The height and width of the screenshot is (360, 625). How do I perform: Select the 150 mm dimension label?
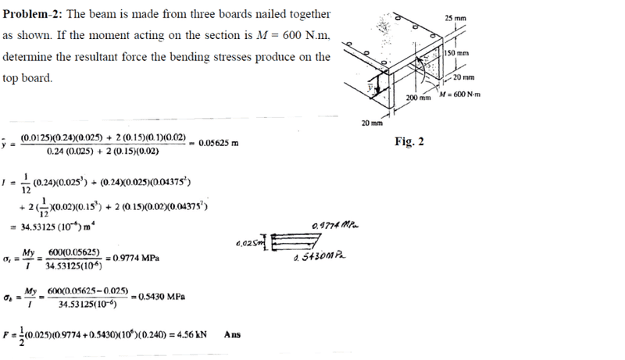point(454,52)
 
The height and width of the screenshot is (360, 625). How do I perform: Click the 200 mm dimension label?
point(419,98)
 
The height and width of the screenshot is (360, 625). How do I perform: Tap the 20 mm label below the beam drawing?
point(372,123)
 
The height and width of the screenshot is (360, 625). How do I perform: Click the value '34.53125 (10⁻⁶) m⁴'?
point(66,225)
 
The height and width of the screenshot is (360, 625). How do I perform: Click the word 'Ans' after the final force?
point(232,335)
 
